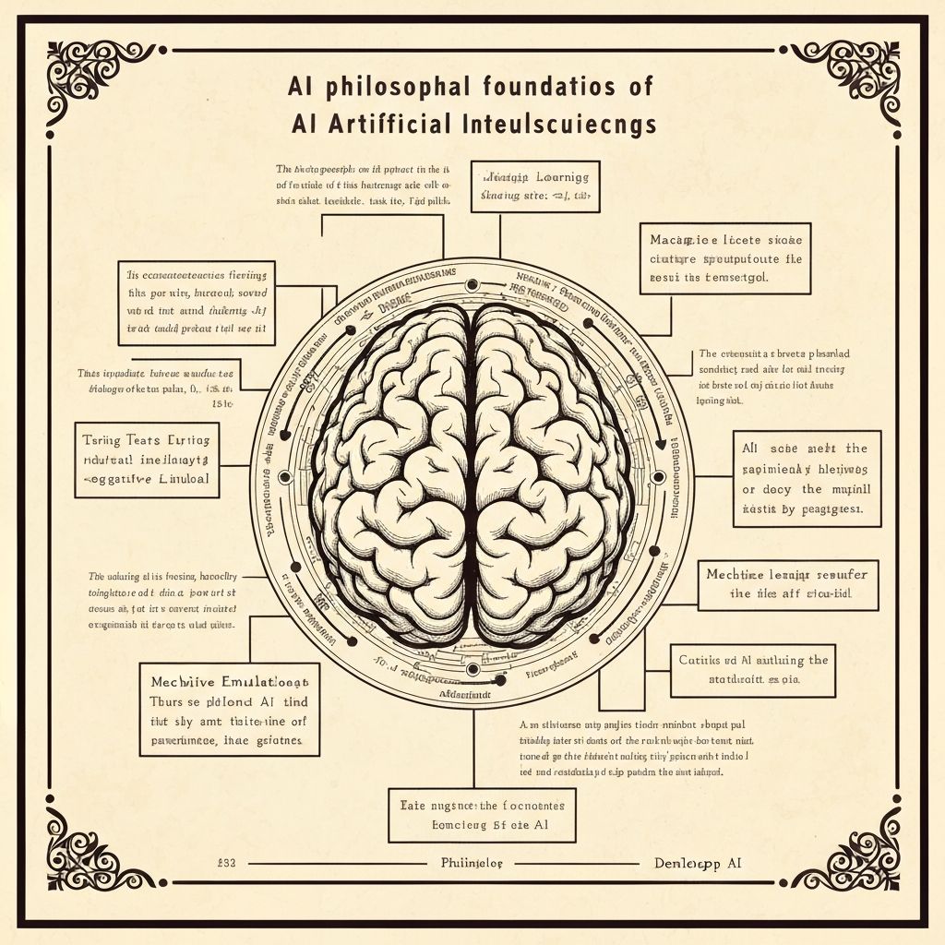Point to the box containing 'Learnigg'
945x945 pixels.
click(535, 186)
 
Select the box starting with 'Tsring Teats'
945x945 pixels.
click(148, 461)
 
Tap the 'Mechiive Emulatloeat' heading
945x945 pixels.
click(228, 681)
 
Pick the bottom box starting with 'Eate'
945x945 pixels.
click(482, 815)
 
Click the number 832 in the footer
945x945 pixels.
click(226, 864)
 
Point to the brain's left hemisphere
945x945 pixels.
click(392, 471)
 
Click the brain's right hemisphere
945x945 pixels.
click(554, 471)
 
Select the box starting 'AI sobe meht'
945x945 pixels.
click(807, 478)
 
